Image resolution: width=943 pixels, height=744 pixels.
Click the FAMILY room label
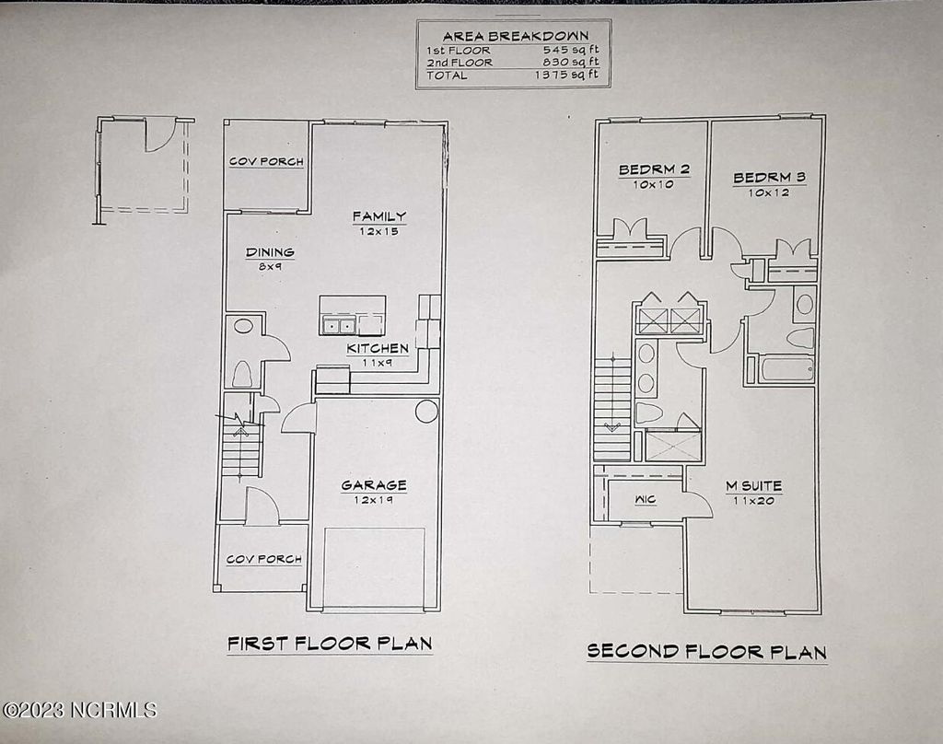378,216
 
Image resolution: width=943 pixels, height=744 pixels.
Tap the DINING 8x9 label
270,252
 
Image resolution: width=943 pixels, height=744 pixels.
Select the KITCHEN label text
378,349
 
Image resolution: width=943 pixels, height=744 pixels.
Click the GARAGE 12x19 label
374,485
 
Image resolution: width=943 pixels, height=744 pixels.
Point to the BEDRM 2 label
654,169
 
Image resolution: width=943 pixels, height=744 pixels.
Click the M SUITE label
753,485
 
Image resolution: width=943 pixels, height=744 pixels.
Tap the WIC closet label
645,500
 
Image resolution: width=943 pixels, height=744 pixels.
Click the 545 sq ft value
572,50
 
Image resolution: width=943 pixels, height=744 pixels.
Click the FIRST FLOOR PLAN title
330,643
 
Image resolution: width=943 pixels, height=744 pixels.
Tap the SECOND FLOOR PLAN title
706,651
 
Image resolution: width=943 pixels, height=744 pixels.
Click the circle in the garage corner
425,411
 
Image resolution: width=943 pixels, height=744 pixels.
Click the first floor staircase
242,450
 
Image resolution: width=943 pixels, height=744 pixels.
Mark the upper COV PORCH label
266,162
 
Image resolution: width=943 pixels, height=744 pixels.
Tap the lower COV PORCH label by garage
264,559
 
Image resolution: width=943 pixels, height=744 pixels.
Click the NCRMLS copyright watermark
79,710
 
